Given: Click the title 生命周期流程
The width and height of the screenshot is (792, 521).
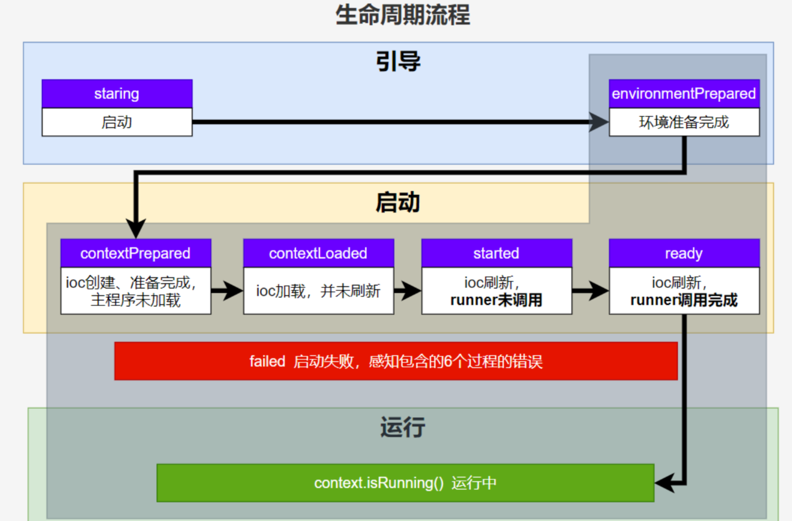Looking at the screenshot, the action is (402, 15).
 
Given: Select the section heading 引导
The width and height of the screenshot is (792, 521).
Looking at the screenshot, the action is (398, 61).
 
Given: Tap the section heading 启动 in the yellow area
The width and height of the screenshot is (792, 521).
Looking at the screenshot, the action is (398, 202).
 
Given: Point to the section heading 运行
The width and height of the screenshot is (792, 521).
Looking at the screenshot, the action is (402, 427).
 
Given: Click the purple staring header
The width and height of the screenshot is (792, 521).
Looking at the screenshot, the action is (117, 93).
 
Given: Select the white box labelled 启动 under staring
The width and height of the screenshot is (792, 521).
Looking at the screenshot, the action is (117, 122).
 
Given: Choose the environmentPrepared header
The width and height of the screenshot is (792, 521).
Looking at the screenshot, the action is (684, 93).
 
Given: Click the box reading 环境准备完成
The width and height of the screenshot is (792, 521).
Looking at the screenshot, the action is (684, 122).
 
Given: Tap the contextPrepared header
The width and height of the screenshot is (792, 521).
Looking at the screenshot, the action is (136, 253).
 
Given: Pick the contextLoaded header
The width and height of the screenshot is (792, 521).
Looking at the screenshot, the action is (318, 253).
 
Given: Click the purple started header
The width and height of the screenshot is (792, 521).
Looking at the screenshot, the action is (497, 253).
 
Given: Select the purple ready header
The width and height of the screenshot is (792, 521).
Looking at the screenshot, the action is (684, 253).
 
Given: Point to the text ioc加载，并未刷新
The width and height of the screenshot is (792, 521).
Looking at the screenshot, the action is (318, 291).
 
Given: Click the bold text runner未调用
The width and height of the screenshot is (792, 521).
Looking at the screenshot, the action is (496, 300).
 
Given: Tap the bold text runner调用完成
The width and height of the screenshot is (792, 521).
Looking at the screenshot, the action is (684, 300).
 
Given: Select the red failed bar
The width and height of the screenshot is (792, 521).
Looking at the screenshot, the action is (396, 361).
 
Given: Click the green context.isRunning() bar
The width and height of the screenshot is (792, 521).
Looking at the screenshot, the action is (405, 483).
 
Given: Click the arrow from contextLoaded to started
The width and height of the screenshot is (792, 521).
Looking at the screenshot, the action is (407, 290).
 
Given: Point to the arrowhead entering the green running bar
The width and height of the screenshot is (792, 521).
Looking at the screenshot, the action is (664, 483).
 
